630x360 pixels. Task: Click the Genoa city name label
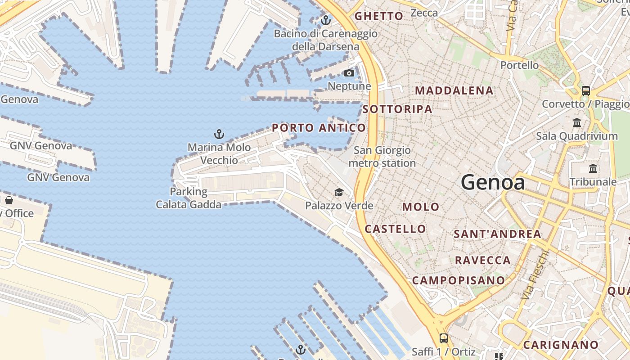point(493,183)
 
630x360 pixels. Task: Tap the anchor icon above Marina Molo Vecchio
point(219,134)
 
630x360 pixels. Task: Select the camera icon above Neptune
point(349,73)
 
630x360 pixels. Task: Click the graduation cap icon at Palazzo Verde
point(339,193)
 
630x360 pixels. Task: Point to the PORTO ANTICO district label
point(319,128)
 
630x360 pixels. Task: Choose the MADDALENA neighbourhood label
point(454,90)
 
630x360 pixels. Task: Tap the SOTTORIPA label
point(397,109)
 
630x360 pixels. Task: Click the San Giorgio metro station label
point(382,157)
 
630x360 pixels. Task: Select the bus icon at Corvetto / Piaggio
point(585,90)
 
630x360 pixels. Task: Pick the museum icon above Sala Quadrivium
point(577,122)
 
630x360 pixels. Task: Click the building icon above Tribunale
point(593,169)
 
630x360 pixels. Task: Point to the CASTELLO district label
point(395,229)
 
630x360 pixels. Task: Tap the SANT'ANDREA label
point(497,234)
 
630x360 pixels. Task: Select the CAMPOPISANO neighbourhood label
point(459,280)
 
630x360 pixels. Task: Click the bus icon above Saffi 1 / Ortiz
point(443,338)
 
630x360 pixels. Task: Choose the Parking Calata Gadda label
point(189,198)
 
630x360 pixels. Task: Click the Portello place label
point(519,65)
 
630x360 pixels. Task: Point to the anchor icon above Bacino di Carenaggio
point(325,20)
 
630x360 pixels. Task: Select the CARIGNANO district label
point(561,345)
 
